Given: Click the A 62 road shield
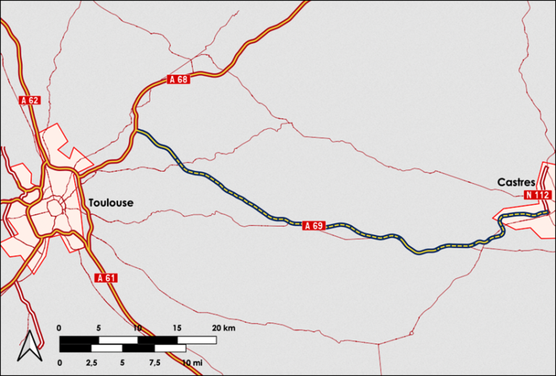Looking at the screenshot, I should pyautogui.click(x=30, y=100).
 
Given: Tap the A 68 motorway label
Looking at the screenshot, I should pyautogui.click(x=178, y=79).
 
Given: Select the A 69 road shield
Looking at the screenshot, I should pyautogui.click(x=313, y=226).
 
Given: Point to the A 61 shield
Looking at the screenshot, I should pyautogui.click(x=106, y=277).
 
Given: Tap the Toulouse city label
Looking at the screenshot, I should pyautogui.click(x=111, y=203).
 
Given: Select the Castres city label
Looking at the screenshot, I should pyautogui.click(x=515, y=182).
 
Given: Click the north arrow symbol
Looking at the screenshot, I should pyautogui.click(x=28, y=346).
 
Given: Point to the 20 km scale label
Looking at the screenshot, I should pyautogui.click(x=223, y=328).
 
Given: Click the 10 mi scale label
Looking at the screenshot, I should pyautogui.click(x=192, y=362).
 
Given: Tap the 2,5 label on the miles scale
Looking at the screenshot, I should pyautogui.click(x=91, y=362).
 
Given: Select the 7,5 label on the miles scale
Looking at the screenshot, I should pyautogui.click(x=155, y=362).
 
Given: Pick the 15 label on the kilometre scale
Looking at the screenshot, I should pyautogui.click(x=177, y=328).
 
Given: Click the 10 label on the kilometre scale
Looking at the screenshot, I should pyautogui.click(x=138, y=328).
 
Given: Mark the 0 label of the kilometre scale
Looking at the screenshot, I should pyautogui.click(x=60, y=328).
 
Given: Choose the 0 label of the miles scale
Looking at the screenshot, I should pyautogui.click(x=60, y=362).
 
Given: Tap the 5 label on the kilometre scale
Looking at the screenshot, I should pyautogui.click(x=99, y=328).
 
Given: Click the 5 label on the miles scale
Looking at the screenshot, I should pyautogui.click(x=123, y=362).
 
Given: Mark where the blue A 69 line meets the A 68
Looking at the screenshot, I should pyautogui.click(x=136, y=130).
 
